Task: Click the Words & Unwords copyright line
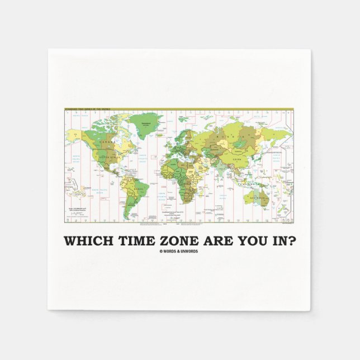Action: point(180,251)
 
